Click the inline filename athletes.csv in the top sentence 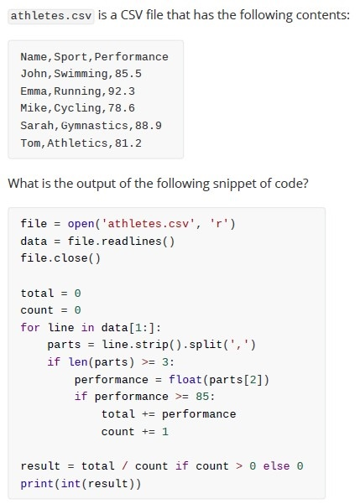tap(51, 16)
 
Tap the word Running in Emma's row tap(77, 91)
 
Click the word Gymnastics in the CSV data tap(94, 125)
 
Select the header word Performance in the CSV tap(131, 57)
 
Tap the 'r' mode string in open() tap(219, 224)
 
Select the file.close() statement tap(60, 258)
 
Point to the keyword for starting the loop tap(30, 328)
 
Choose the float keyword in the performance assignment tap(185, 380)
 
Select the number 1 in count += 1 tap(165, 432)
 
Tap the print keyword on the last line tap(37, 484)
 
